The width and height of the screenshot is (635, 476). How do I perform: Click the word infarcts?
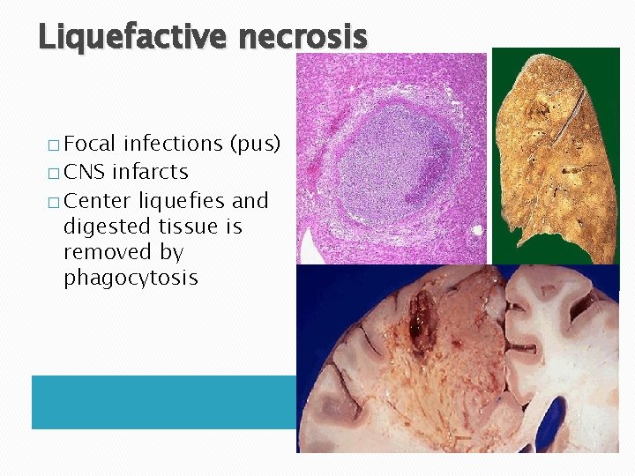pyautogui.click(x=150, y=171)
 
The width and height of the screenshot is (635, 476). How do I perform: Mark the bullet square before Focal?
pyautogui.click(x=52, y=144)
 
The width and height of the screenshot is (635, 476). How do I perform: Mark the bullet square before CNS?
pyautogui.click(x=52, y=172)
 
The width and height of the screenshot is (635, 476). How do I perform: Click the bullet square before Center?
pyautogui.click(x=52, y=200)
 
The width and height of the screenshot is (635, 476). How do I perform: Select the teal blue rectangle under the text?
pyautogui.click(x=163, y=402)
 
